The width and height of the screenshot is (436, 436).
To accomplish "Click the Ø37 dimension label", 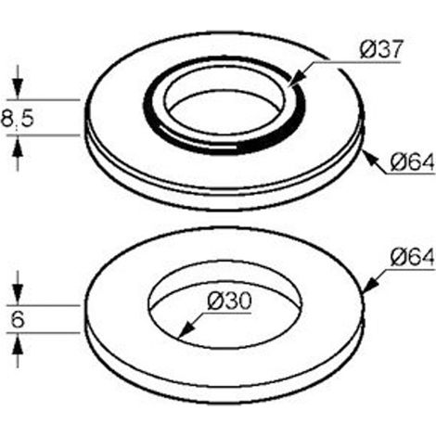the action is pyautogui.click(x=381, y=49).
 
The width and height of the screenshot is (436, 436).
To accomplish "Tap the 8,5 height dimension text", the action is pyautogui.click(x=18, y=119).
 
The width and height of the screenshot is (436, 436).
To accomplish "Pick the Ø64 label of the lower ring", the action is pyautogui.click(x=413, y=257).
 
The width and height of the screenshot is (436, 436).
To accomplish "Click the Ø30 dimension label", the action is pyautogui.click(x=230, y=301).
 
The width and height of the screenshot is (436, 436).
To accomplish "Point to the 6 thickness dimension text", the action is pyautogui.click(x=18, y=319).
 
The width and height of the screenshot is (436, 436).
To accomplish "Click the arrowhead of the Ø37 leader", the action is pyautogui.click(x=296, y=79).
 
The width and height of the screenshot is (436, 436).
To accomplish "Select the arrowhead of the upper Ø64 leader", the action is pyautogui.click(x=371, y=159).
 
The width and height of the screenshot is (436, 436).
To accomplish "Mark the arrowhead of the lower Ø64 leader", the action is pyautogui.click(x=371, y=285).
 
